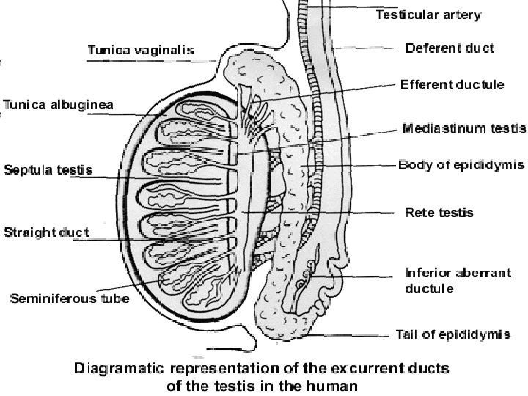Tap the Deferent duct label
pyautogui.click(x=450, y=49)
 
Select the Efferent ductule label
pyautogui.click(x=452, y=84)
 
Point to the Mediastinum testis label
pyautogui.click(x=464, y=128)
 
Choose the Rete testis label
pyautogui.click(x=439, y=213)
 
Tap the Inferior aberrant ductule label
pyautogui.click(x=448, y=279)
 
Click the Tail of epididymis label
pyautogui.click(x=452, y=334)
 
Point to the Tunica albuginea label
pyautogui.click(x=58, y=104)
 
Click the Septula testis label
pyautogui.click(x=48, y=169)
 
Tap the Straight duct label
pyautogui.click(x=46, y=232)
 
